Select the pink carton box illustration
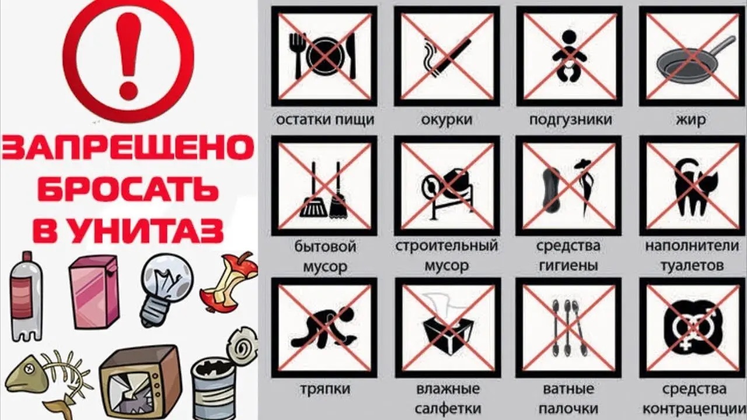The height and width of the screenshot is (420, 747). tap(94, 292)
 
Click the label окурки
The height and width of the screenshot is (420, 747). tap(446, 120)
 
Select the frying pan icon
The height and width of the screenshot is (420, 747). tap(692, 64)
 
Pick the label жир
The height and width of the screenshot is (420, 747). tap(692, 120)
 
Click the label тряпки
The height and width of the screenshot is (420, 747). tap(325, 389)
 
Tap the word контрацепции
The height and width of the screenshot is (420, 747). tap(694, 409)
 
